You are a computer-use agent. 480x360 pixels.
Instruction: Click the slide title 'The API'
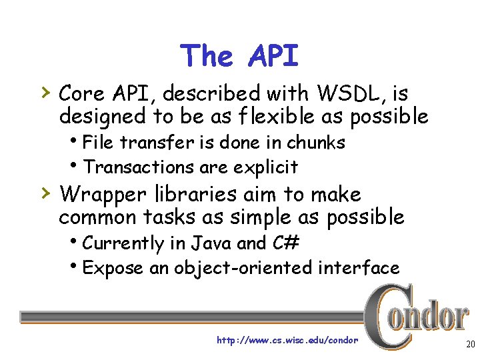tap(239, 56)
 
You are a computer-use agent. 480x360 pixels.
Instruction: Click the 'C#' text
tap(287, 244)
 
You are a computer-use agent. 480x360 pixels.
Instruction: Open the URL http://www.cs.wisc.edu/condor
tap(287, 341)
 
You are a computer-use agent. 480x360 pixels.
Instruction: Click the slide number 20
tap(469, 344)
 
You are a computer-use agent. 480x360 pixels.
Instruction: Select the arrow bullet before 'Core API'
tap(44, 89)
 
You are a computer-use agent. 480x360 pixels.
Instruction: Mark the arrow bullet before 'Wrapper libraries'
tap(44, 193)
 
